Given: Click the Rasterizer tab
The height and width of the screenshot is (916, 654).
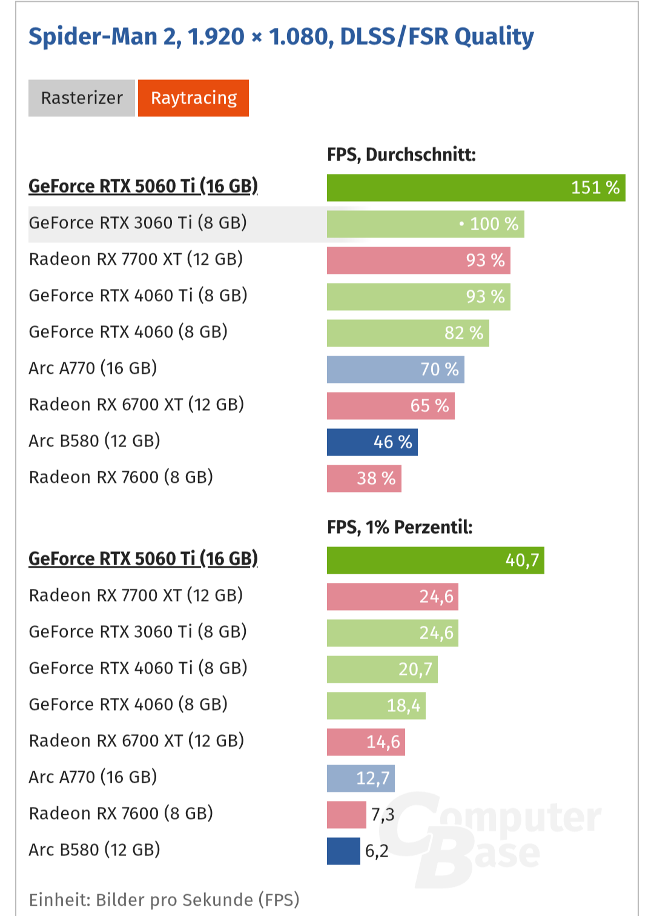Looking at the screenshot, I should [x=82, y=98].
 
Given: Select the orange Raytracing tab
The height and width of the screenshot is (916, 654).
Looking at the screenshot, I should [x=193, y=98].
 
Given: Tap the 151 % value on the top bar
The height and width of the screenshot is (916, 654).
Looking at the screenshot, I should [x=595, y=188].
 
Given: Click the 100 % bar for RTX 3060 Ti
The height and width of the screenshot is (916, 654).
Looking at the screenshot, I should [x=425, y=224].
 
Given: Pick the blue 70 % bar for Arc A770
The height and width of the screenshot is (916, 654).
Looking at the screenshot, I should [x=395, y=370].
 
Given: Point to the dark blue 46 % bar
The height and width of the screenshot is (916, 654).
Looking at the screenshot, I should [x=372, y=442].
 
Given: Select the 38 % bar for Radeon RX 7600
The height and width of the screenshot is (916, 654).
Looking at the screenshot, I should [x=364, y=479].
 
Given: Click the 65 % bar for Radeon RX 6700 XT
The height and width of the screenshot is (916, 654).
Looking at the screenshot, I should [x=391, y=406].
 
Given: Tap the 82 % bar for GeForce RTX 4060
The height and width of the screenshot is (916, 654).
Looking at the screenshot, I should [x=408, y=333].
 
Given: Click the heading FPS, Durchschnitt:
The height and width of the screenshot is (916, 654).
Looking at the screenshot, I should [x=401, y=155].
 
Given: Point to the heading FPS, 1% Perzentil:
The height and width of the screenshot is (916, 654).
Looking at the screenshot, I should [x=400, y=527].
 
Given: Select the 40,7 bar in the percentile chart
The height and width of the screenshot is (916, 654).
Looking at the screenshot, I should [x=435, y=560].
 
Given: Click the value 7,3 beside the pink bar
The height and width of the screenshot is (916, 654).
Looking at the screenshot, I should [x=383, y=815].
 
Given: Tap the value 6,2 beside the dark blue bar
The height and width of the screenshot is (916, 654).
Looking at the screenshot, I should [x=377, y=851].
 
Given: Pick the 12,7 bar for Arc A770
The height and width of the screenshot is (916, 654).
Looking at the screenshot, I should [x=361, y=778].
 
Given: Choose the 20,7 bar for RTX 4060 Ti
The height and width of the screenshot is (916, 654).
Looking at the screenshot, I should [x=382, y=669].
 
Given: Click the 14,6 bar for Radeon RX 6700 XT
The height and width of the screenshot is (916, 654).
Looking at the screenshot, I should [x=366, y=742].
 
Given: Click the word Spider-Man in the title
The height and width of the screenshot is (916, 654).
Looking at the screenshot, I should [x=94, y=37].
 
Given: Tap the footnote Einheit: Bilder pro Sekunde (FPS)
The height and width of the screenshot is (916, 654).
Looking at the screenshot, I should [x=164, y=900].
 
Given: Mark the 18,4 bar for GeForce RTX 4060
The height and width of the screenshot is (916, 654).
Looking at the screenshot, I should [x=376, y=706].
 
